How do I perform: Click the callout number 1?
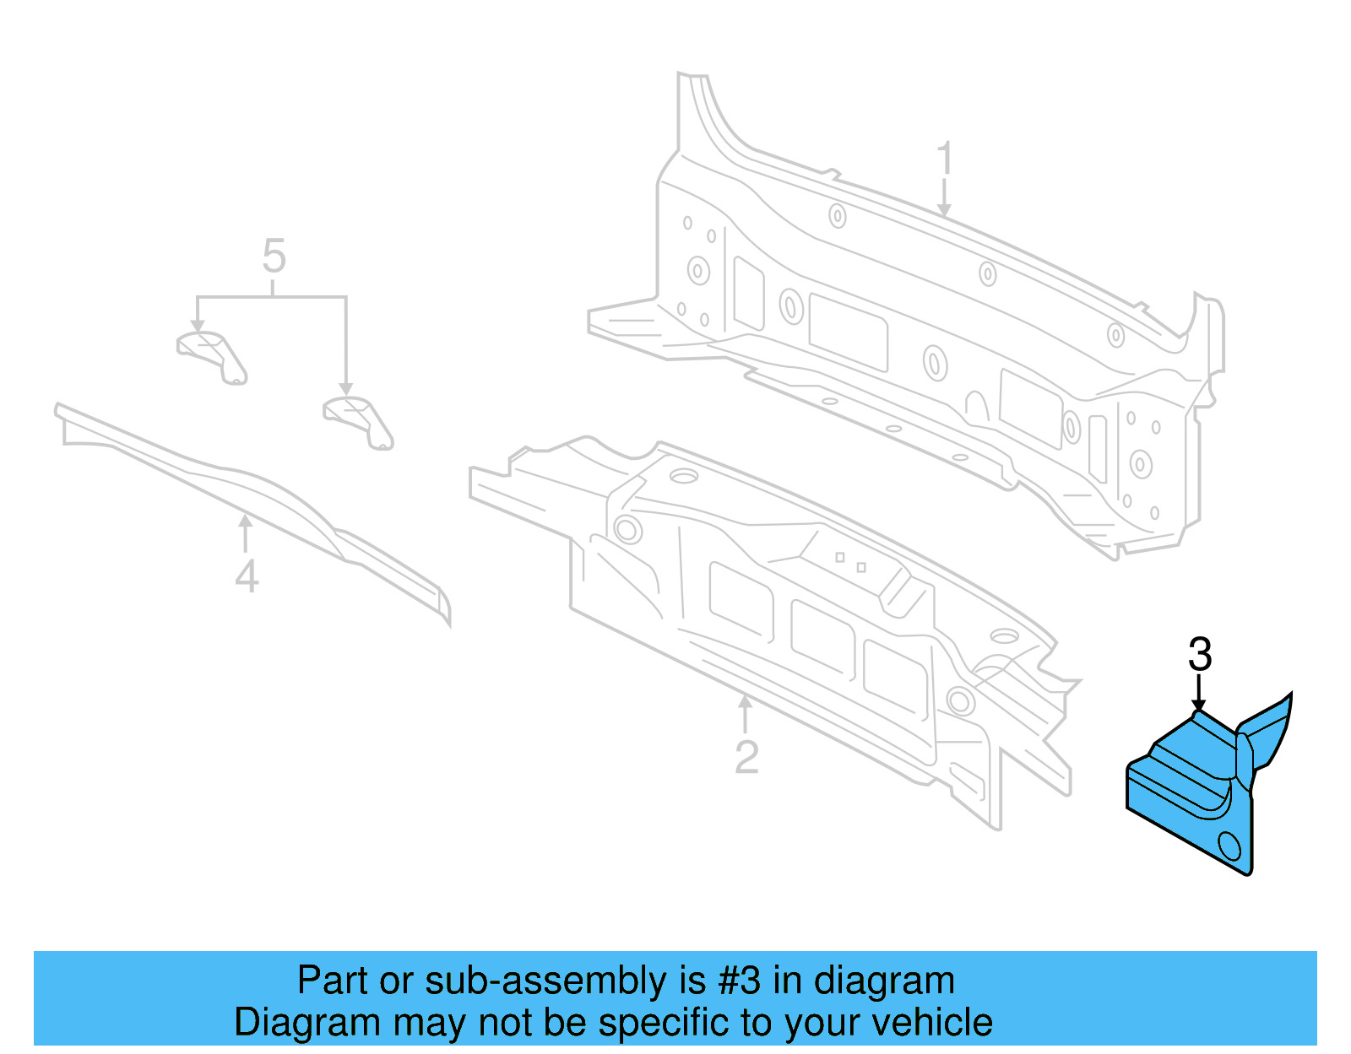pyautogui.click(x=944, y=158)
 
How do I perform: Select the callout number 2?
pyautogui.click(x=746, y=756)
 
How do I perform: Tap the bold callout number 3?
pyautogui.click(x=1199, y=654)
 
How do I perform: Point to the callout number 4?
pyautogui.click(x=247, y=576)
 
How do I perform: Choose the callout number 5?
pyautogui.click(x=274, y=255)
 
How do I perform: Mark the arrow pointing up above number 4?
pyautogui.click(x=246, y=532)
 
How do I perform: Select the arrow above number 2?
pyautogui.click(x=745, y=714)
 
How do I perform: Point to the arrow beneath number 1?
pyautogui.click(x=944, y=197)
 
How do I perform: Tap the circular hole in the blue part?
pyautogui.click(x=1229, y=846)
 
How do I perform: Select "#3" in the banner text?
pyautogui.click(x=739, y=980)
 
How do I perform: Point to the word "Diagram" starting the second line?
pyautogui.click(x=307, y=1023)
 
